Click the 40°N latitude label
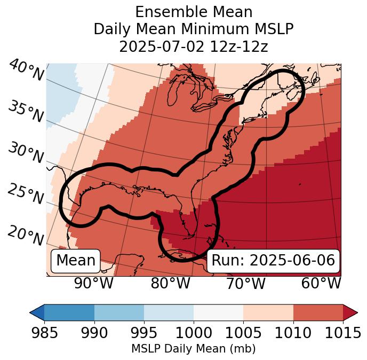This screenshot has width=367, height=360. pos(26,71)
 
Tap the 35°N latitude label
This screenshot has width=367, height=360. pos(25,112)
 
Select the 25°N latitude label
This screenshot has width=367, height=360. pos(25,194)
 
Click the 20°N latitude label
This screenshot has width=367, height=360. pos(25,236)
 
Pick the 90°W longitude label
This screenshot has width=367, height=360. pos(93,283)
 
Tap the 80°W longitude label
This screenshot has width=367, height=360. pos(170,283)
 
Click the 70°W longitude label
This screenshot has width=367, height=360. pos(245,283)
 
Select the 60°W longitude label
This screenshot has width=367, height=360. pos(321,283)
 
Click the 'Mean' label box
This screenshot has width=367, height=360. pos(76,261)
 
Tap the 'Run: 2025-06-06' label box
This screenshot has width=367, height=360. pos(273,261)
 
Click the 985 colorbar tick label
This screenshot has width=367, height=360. pos(44,333)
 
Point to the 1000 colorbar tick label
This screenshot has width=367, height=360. pos(194,333)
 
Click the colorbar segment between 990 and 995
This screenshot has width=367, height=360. pos(119,312)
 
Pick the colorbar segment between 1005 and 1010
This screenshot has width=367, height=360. pos(268,312)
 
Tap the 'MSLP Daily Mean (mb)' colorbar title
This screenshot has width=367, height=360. pos(194,349)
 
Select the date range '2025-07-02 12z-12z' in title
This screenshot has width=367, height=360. pos(194,46)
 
